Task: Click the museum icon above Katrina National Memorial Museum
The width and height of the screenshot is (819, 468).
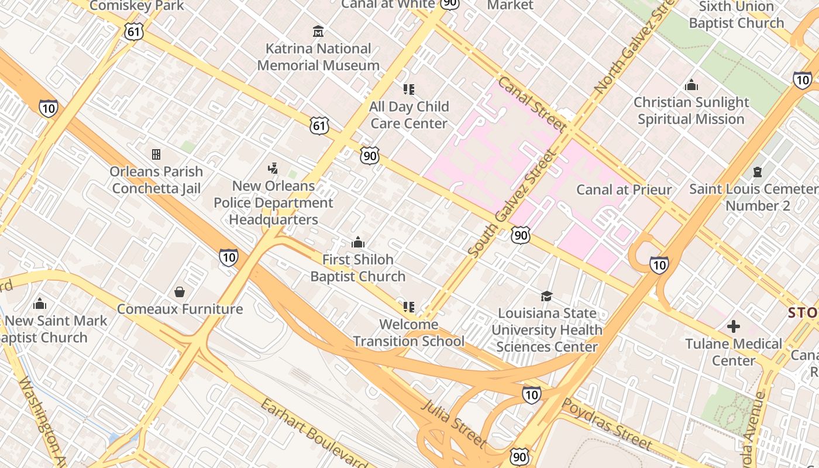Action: pyautogui.click(x=318, y=30)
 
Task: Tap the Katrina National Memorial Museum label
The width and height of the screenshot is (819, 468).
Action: pyautogui.click(x=318, y=57)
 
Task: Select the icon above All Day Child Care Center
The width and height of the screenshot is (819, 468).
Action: pyautogui.click(x=409, y=90)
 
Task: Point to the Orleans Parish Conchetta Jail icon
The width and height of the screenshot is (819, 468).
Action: pyautogui.click(x=156, y=154)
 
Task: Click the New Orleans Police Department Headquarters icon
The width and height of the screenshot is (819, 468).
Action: pyautogui.click(x=273, y=168)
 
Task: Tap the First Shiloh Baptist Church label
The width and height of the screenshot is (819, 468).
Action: pyautogui.click(x=357, y=267)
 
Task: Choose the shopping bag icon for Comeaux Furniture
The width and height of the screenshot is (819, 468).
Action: pyautogui.click(x=180, y=291)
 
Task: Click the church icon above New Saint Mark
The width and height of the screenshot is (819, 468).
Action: pyautogui.click(x=40, y=304)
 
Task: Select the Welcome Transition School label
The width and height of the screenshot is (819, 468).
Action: pyautogui.click(x=408, y=332)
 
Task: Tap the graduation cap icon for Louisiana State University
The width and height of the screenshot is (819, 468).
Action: pyautogui.click(x=546, y=296)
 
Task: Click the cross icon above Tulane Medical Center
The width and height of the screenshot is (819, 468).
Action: pyautogui.click(x=734, y=326)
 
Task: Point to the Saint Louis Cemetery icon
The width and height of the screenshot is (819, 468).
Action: pyautogui.click(x=758, y=172)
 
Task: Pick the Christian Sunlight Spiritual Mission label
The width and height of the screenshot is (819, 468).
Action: pyautogui.click(x=691, y=111)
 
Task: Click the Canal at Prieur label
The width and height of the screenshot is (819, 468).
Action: pyautogui.click(x=624, y=190)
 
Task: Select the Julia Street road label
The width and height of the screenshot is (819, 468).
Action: pyautogui.click(x=454, y=423)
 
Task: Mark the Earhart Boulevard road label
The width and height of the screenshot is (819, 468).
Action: pyautogui.click(x=313, y=433)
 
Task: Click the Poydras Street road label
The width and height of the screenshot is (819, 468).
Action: pyautogui.click(x=607, y=424)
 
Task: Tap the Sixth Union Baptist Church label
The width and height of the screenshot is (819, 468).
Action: pyautogui.click(x=736, y=15)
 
